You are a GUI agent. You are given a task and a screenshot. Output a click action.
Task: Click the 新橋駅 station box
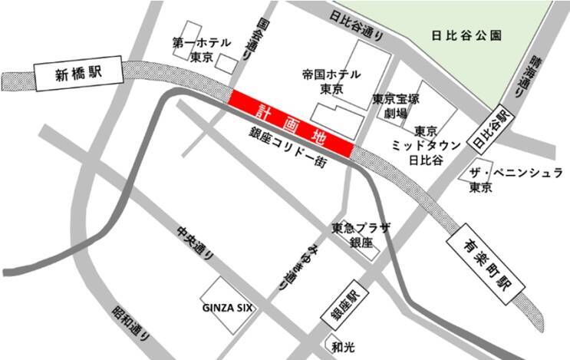point(79,74)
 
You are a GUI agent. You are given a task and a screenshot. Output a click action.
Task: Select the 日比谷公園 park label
point(466,35)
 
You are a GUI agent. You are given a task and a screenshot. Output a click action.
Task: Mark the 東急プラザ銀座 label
point(361,236)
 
